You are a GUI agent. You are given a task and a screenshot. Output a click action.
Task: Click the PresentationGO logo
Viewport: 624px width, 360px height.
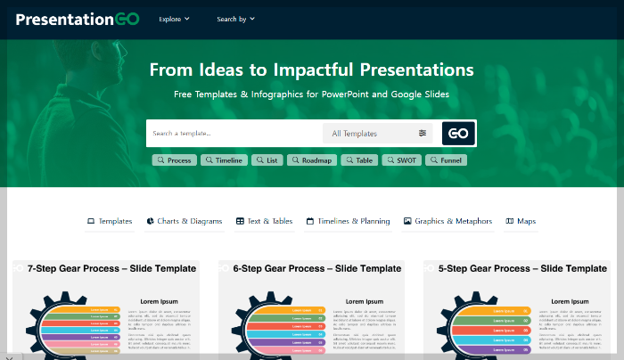coord(78,19)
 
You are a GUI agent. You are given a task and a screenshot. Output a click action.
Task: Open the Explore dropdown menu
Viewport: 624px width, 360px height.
coord(174,19)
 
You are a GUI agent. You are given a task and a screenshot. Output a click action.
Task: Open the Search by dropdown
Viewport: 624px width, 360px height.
coord(235,19)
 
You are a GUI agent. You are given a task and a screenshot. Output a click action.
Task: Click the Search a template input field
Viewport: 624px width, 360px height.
coord(234,134)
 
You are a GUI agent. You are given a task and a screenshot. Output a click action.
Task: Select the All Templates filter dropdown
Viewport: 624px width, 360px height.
coord(378,134)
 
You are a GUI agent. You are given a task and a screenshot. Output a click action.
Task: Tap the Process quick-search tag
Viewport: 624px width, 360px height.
coord(174,160)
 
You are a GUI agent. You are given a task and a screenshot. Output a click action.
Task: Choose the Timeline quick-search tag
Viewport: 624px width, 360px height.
coord(223,160)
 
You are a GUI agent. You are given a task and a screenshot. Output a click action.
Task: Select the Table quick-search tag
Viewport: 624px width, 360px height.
coord(358,160)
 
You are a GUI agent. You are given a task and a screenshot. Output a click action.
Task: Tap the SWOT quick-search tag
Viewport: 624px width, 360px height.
coord(401,160)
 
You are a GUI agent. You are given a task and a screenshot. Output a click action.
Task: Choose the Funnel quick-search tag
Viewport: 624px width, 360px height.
coord(446,160)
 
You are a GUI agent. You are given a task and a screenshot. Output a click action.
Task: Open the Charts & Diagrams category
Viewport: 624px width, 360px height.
coord(185,221)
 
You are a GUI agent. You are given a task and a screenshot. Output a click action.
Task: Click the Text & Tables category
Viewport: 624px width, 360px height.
coord(265,221)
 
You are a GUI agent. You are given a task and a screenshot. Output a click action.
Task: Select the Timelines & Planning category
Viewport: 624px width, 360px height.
coord(348,221)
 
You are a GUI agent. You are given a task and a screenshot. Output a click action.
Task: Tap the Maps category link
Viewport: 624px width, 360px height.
coord(521,221)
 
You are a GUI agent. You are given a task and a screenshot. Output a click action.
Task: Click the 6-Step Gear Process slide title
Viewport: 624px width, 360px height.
coord(316,268)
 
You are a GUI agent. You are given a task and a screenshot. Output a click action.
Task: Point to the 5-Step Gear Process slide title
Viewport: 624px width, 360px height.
coord(522,268)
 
